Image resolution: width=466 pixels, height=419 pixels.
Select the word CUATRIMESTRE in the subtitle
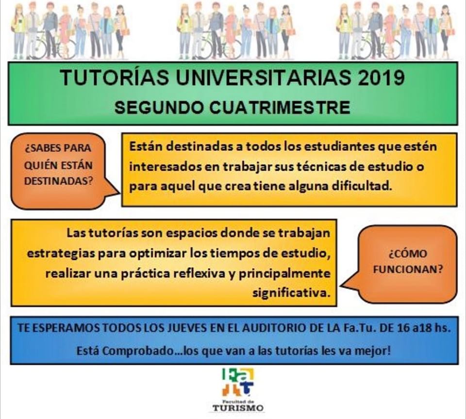tap(280, 107)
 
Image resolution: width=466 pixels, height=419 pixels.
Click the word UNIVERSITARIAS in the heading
tap(263, 78)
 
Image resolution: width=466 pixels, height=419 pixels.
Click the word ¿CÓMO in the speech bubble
tap(408, 254)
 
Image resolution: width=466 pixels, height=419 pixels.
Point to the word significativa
tap(292, 293)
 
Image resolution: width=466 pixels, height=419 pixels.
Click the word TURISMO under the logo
tap(238, 408)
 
